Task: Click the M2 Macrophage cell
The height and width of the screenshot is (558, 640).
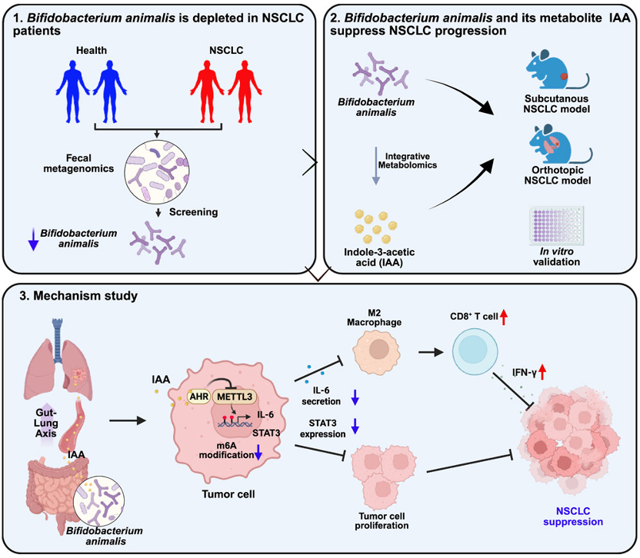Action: pos(378,350)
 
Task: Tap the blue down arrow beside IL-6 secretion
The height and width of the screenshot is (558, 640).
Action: pos(354,397)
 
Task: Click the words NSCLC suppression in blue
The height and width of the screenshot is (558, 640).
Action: pos(575,516)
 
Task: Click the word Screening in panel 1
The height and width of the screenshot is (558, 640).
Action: pos(195,214)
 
